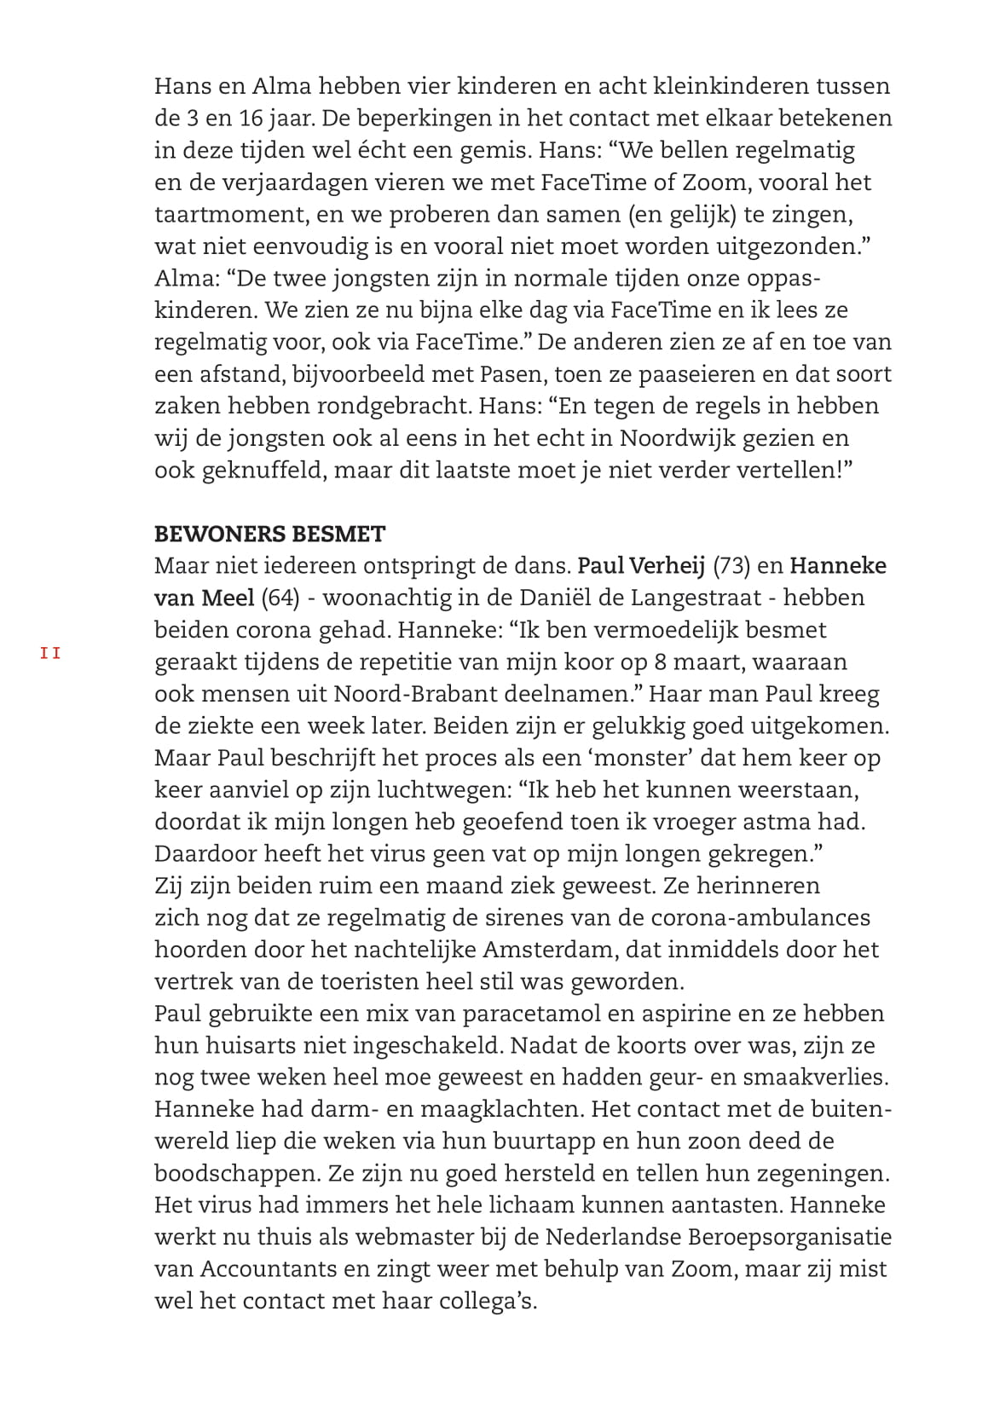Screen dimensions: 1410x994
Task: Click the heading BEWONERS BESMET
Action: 269,535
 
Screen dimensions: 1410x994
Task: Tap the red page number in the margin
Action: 50,654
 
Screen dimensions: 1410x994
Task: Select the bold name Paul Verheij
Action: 641,566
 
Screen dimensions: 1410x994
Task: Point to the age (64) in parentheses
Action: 280,598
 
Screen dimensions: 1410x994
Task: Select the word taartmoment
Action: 226,214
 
